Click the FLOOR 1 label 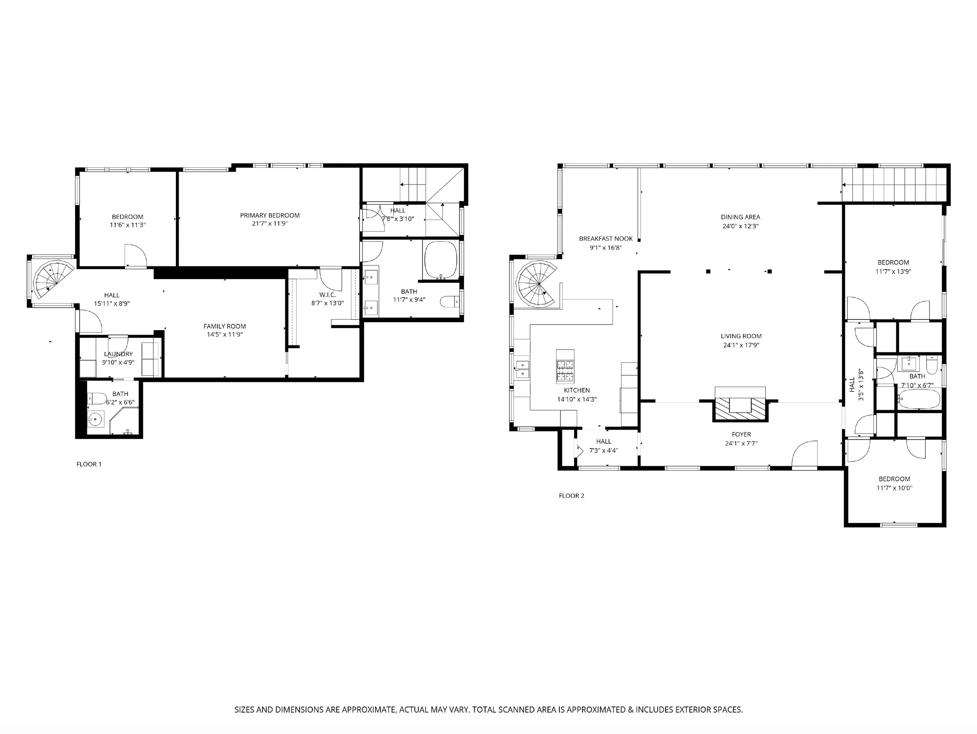click(89, 464)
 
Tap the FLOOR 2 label click(571, 496)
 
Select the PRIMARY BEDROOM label click(270, 215)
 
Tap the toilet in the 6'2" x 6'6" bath click(98, 398)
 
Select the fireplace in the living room click(740, 404)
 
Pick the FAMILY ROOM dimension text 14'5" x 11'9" click(225, 334)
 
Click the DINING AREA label click(740, 217)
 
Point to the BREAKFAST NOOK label click(606, 239)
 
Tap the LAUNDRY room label click(118, 354)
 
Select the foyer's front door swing click(804, 452)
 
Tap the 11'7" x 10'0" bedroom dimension click(895, 488)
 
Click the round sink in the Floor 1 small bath click(95, 419)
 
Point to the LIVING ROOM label click(741, 336)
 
